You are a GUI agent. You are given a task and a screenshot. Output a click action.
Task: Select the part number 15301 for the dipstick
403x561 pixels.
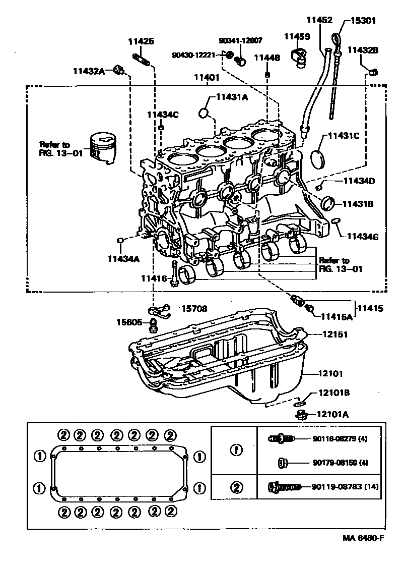pos(363,21)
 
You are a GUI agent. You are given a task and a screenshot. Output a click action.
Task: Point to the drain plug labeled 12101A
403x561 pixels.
pos(302,415)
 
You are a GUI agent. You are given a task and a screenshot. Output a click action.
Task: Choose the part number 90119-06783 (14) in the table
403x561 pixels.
pos(346,487)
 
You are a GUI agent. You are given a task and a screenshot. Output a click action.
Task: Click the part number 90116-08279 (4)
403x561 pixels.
pos(340,438)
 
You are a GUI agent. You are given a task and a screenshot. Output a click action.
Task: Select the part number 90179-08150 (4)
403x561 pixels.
pos(340,463)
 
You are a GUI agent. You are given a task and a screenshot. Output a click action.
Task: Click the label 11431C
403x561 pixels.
pos(345,135)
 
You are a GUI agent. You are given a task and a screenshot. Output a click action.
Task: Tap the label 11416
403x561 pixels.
pos(154,278)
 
